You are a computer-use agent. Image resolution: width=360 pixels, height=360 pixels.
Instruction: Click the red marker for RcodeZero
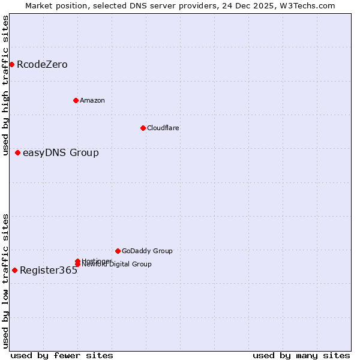(x=11, y=64)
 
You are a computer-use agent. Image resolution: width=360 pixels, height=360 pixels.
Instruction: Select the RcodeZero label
(x=42, y=65)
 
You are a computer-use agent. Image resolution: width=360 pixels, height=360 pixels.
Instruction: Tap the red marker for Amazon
(x=76, y=100)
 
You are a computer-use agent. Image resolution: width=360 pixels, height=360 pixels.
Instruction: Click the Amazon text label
(x=92, y=100)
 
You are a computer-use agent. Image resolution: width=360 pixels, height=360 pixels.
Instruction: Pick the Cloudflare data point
(x=143, y=128)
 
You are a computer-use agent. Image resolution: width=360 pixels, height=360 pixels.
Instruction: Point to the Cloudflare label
(x=163, y=128)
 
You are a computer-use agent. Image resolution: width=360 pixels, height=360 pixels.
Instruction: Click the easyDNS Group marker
(x=17, y=152)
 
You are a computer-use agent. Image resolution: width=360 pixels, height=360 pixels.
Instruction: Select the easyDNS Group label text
(x=61, y=153)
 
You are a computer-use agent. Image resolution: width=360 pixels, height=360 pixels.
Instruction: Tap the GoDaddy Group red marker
(x=118, y=251)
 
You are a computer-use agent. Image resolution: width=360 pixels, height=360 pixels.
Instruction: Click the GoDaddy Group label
(x=147, y=251)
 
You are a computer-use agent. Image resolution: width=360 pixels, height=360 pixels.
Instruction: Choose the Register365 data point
(x=14, y=270)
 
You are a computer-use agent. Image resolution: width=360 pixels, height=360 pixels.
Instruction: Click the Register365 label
(x=49, y=271)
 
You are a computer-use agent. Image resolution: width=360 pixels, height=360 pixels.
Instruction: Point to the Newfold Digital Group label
(x=116, y=264)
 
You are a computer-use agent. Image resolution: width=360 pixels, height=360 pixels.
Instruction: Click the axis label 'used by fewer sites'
(x=62, y=356)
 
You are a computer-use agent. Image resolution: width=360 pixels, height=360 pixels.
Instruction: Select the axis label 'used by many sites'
(x=301, y=356)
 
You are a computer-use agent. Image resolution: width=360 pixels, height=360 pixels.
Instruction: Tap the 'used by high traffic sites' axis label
(x=5, y=85)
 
